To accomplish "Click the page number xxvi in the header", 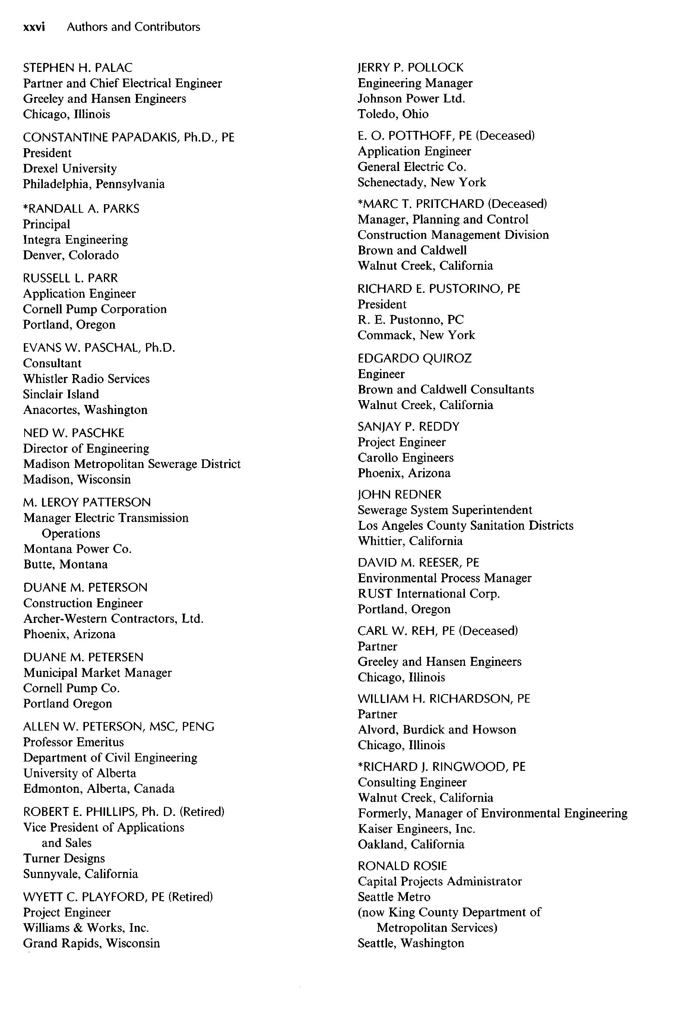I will point(34,27).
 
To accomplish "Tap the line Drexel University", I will point(70,168).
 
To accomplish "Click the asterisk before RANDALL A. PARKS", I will point(25,207).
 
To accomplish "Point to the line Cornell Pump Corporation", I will point(95,309).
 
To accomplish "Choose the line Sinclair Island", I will point(61,394).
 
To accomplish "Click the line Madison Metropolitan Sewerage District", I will point(132,464).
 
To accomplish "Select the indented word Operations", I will point(71,534).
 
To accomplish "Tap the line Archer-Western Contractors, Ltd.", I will point(113,619).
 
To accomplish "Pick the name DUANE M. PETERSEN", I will point(83,657).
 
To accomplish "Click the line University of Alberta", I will point(80,773).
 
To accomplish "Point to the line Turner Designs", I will point(64,858).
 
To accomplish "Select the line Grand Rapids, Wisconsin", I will point(91,943).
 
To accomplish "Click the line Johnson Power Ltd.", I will point(411,99).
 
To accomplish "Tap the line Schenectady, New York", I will point(421,182).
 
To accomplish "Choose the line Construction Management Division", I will point(453,235).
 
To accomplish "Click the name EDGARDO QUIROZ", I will point(414,358).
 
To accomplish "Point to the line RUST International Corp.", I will point(428,594).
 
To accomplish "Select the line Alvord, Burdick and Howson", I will point(437,729).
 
